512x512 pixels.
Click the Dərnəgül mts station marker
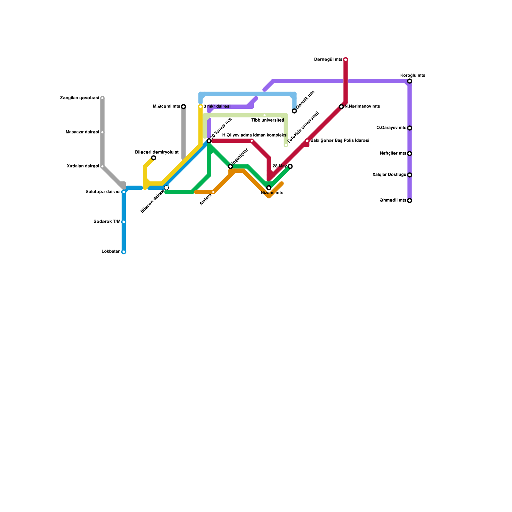point(346,60)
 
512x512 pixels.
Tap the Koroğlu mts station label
point(412,76)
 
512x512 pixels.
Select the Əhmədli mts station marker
point(410,201)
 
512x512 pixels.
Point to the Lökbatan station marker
point(124,252)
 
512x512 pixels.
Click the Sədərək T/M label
point(107,222)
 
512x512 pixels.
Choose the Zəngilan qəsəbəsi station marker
point(102,98)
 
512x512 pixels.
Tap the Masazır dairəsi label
point(82,132)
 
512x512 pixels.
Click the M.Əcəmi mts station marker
point(183,107)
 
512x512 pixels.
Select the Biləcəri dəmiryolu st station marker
point(154,158)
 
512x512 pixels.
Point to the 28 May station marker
point(290,166)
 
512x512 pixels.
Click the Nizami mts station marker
point(269,188)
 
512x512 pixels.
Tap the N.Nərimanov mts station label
point(362,107)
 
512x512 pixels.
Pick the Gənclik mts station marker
point(294,111)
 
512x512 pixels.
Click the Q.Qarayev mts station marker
point(410,128)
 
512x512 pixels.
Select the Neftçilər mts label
point(393,154)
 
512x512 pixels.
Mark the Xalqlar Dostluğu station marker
point(410,175)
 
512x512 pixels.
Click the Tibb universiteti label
point(268,120)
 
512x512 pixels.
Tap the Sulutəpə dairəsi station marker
point(124,192)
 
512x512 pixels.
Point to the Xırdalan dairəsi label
point(83,166)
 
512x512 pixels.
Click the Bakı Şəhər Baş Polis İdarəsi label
point(340,141)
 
